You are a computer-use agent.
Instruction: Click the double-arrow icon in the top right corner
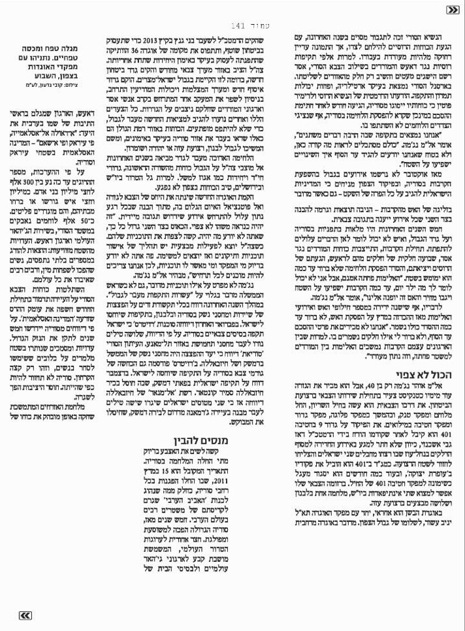coord(452,10)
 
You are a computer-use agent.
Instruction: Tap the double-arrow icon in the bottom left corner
coord(24,615)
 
